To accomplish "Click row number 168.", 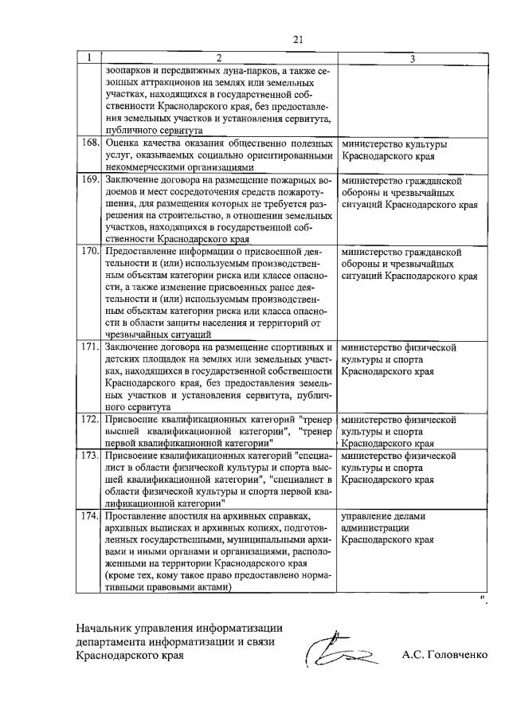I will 89,144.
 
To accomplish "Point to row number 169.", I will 89,180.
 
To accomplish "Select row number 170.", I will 89,250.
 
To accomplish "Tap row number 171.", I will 89,348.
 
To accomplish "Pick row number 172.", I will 89,418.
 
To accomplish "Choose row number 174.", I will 89,516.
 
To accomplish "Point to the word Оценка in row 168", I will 123,144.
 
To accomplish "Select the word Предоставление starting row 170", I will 144,250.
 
